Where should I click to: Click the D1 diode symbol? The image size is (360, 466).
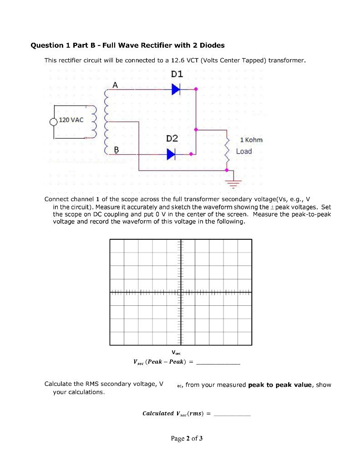pos(176,90)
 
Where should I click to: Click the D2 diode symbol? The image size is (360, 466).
pos(171,154)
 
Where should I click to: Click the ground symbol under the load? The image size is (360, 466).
pos(233,181)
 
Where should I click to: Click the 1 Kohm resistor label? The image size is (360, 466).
pos(251,140)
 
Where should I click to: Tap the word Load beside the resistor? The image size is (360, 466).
pos(244,151)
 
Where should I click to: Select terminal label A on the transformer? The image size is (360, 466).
pos(115,85)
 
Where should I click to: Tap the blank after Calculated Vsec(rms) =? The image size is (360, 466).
pos(232,414)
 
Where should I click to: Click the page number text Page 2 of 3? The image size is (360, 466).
pos(187,439)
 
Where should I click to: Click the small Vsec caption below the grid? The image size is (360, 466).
pos(176,352)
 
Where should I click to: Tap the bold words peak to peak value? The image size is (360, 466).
pos(280,385)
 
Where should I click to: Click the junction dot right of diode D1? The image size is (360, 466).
pos(196,90)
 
